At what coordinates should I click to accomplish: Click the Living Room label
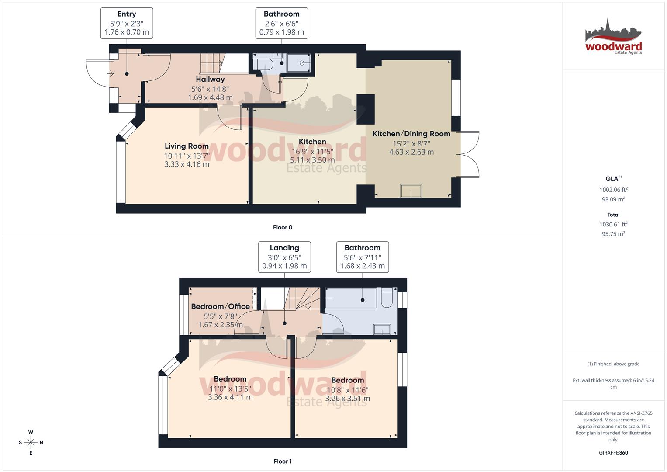click(x=187, y=146)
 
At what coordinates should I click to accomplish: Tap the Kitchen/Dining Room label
click(x=411, y=134)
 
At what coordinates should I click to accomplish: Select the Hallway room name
click(x=210, y=79)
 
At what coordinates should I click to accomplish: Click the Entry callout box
click(x=127, y=23)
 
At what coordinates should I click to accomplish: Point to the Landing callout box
click(x=284, y=257)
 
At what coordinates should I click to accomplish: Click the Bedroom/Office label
click(x=220, y=306)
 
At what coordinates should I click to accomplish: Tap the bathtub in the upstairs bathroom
click(x=351, y=298)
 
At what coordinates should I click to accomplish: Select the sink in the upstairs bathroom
click(x=382, y=329)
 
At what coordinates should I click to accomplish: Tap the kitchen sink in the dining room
click(x=411, y=191)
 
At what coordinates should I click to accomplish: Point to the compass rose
click(x=31, y=442)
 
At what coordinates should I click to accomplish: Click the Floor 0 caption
click(x=283, y=227)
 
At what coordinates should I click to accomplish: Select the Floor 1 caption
click(x=283, y=461)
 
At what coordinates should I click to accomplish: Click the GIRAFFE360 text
click(x=613, y=453)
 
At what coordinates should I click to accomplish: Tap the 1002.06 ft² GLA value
click(x=613, y=190)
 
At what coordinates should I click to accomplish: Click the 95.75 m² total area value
click(x=613, y=234)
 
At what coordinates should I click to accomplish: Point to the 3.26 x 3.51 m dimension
click(x=347, y=399)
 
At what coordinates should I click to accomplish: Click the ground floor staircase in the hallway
click(x=211, y=63)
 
